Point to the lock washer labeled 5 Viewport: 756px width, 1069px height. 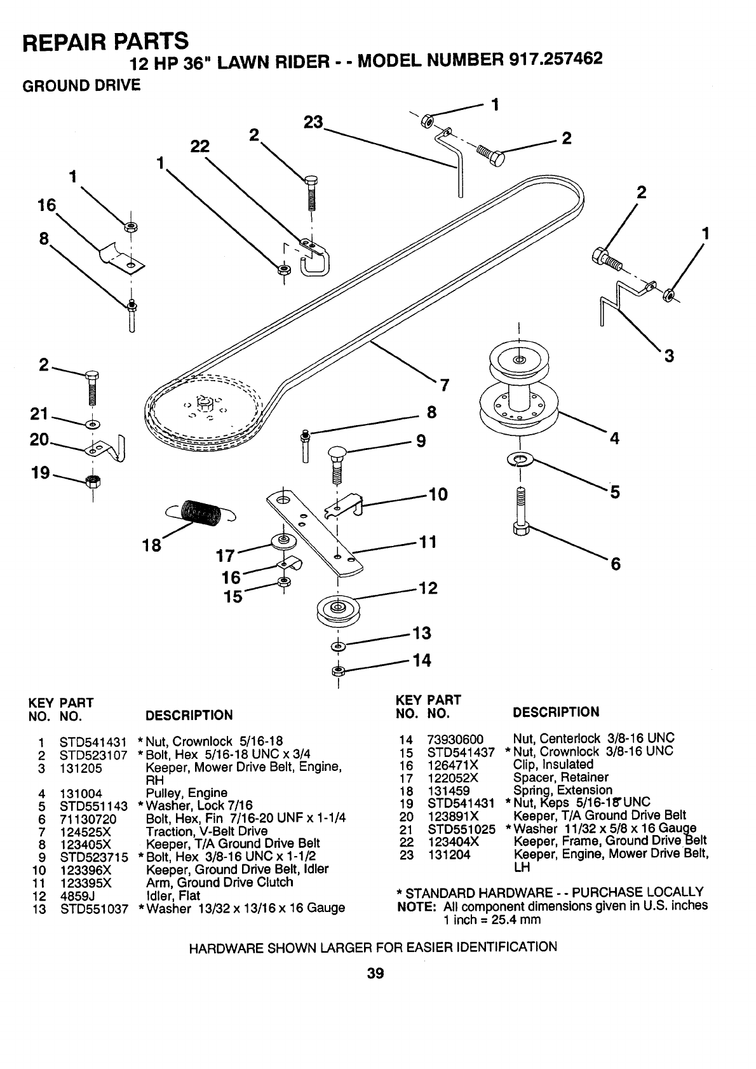(521, 458)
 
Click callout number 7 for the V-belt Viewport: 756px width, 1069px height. (444, 385)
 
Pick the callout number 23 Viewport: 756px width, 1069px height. (313, 123)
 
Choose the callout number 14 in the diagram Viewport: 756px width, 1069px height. (422, 660)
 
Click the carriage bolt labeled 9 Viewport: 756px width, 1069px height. (335, 464)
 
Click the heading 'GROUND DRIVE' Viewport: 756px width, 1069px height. (81, 86)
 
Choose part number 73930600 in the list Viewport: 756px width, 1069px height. (456, 739)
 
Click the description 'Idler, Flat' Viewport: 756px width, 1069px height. (173, 895)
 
